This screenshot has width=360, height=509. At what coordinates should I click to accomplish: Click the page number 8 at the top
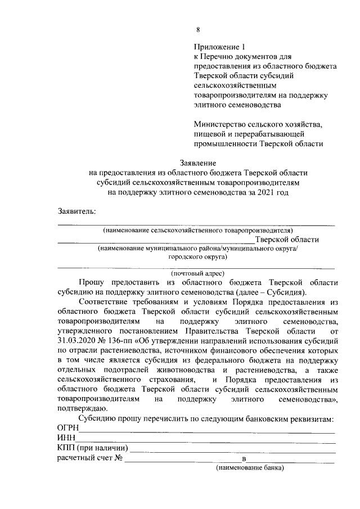click(x=197, y=30)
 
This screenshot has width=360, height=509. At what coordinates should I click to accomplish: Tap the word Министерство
click(x=220, y=124)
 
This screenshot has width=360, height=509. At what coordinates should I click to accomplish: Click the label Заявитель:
click(x=76, y=211)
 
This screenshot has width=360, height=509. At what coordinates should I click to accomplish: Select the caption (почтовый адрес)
click(x=197, y=273)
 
